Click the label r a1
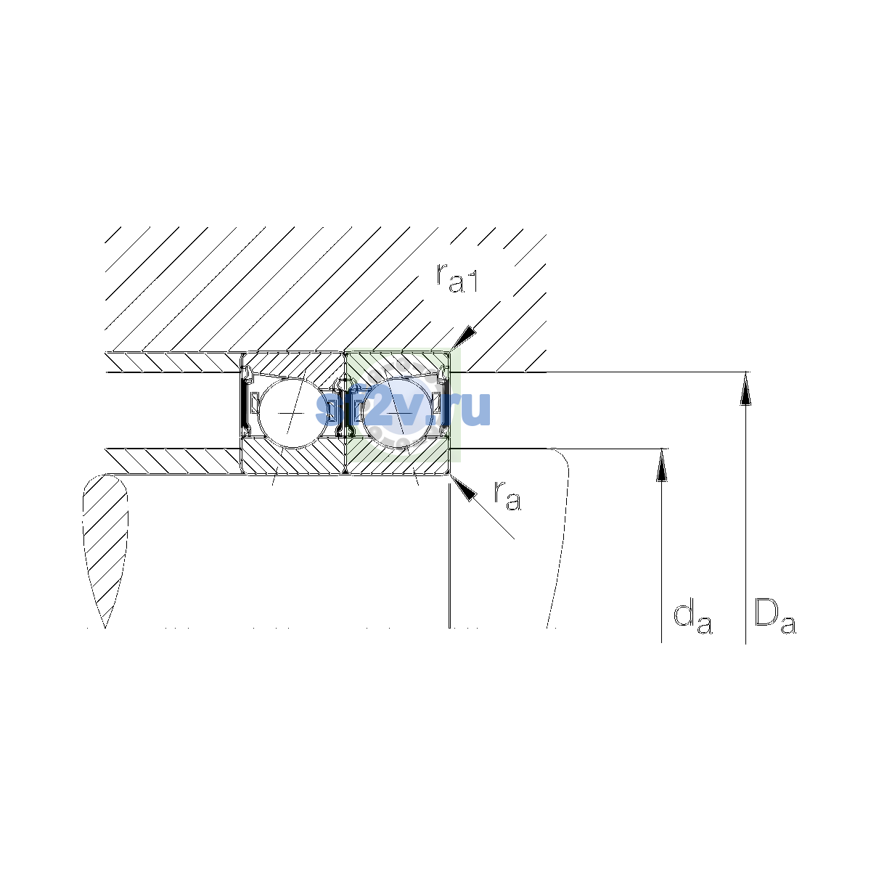457,277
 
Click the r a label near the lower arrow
507,496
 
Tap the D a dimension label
774,616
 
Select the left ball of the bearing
293,413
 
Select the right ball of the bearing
398,413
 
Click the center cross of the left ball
292,413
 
